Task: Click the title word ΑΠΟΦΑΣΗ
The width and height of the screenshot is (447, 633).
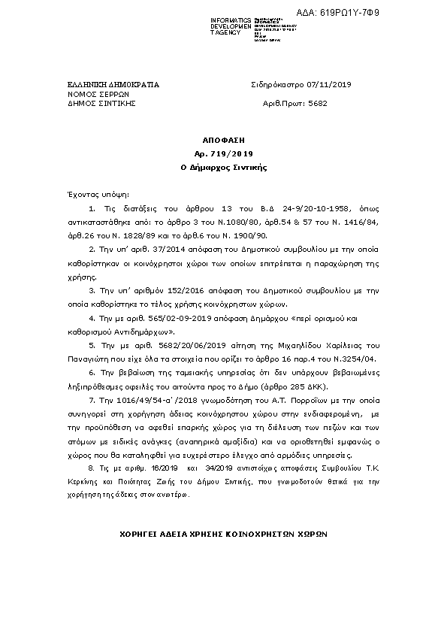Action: coord(223,141)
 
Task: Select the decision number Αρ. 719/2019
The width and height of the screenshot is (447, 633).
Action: coord(223,153)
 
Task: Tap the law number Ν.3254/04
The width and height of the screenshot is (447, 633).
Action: coord(355,359)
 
